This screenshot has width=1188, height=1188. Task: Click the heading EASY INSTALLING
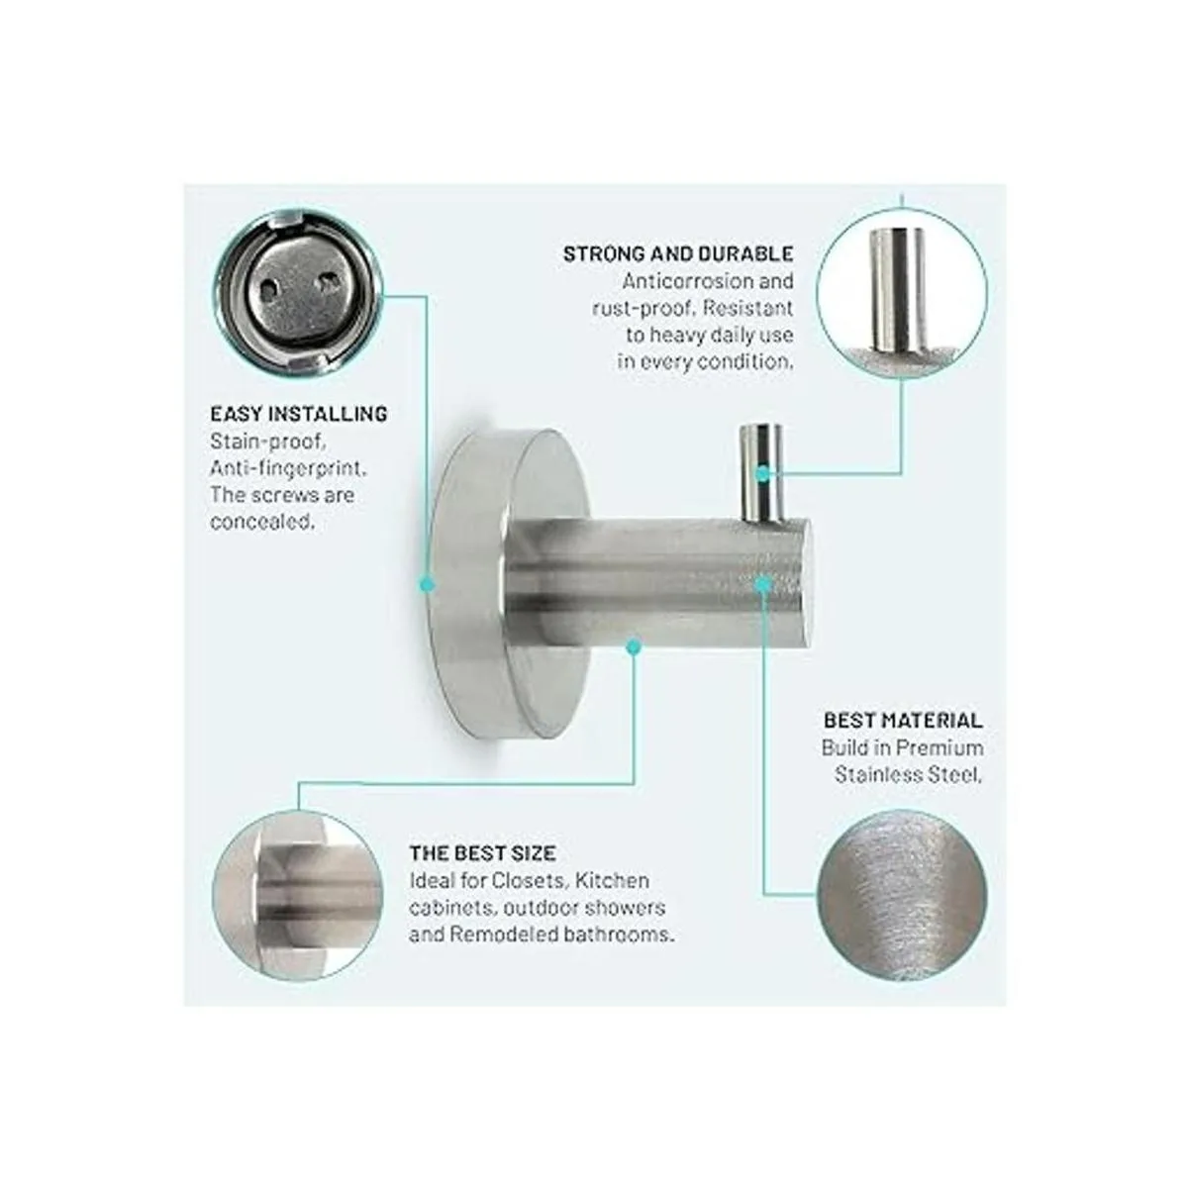tap(299, 414)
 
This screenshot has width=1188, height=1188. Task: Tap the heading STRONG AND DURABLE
tap(678, 253)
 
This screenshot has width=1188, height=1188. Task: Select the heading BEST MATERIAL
tap(903, 721)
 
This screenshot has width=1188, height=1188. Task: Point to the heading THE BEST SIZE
tap(483, 853)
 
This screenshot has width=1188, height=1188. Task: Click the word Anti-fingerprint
tap(288, 468)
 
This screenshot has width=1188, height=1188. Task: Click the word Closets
tap(529, 881)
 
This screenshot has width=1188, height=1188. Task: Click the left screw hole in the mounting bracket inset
tap(269, 288)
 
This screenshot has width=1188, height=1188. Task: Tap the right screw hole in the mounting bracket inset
tap(328, 282)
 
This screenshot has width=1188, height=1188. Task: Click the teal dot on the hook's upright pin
tap(763, 474)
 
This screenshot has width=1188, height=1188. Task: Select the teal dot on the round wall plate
tap(427, 584)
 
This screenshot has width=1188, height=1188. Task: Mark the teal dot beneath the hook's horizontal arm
tap(634, 646)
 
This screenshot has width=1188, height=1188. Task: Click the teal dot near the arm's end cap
tap(763, 584)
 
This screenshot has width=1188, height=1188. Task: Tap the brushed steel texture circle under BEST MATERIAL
tap(902, 896)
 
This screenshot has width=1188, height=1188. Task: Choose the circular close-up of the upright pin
tap(902, 293)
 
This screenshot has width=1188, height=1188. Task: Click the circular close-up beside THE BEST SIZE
tap(297, 896)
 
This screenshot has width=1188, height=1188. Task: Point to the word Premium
tap(940, 747)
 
